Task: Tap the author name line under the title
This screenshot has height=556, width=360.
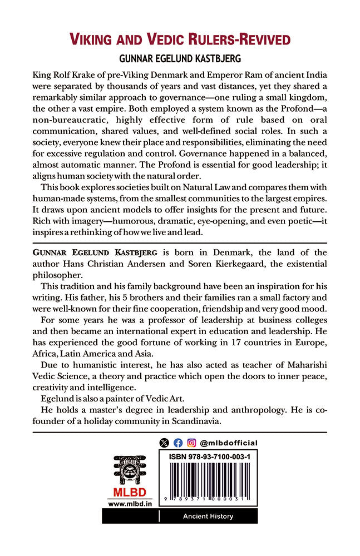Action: pyautogui.click(x=180, y=58)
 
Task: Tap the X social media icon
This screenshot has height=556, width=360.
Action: pyautogui.click(x=164, y=443)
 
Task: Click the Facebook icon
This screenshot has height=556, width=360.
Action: pyautogui.click(x=178, y=443)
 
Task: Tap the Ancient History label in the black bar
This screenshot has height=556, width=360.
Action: pyautogui.click(x=208, y=517)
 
